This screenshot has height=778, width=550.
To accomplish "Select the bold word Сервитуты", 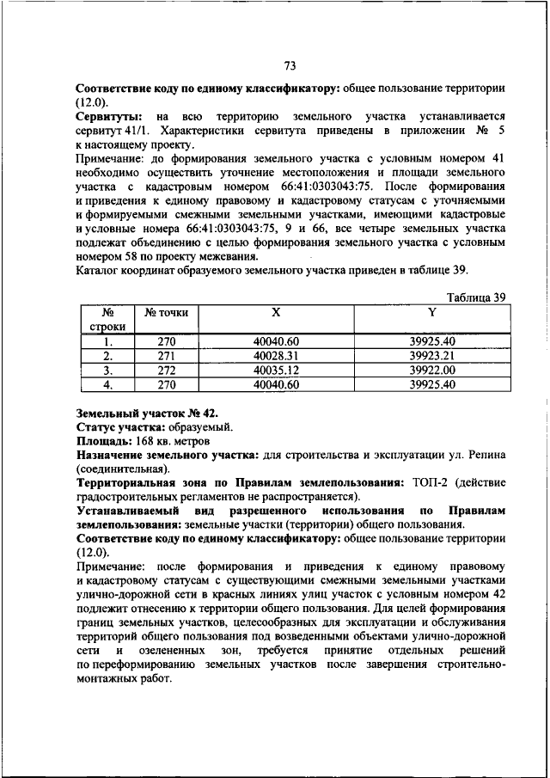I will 108,115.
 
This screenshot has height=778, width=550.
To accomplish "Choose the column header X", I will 275,313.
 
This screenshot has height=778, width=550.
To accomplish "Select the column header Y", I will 432,313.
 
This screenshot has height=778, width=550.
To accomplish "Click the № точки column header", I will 166,313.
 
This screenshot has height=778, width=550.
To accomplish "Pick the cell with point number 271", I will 166,355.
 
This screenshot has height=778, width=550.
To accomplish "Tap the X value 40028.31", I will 275,355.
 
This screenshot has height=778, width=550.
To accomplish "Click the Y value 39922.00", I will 432,370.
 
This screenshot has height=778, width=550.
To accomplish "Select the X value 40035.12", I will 275,370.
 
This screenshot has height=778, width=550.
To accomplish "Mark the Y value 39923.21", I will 432,355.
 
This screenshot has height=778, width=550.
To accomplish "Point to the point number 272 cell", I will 166,370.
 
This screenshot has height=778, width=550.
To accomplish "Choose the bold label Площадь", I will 101,441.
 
